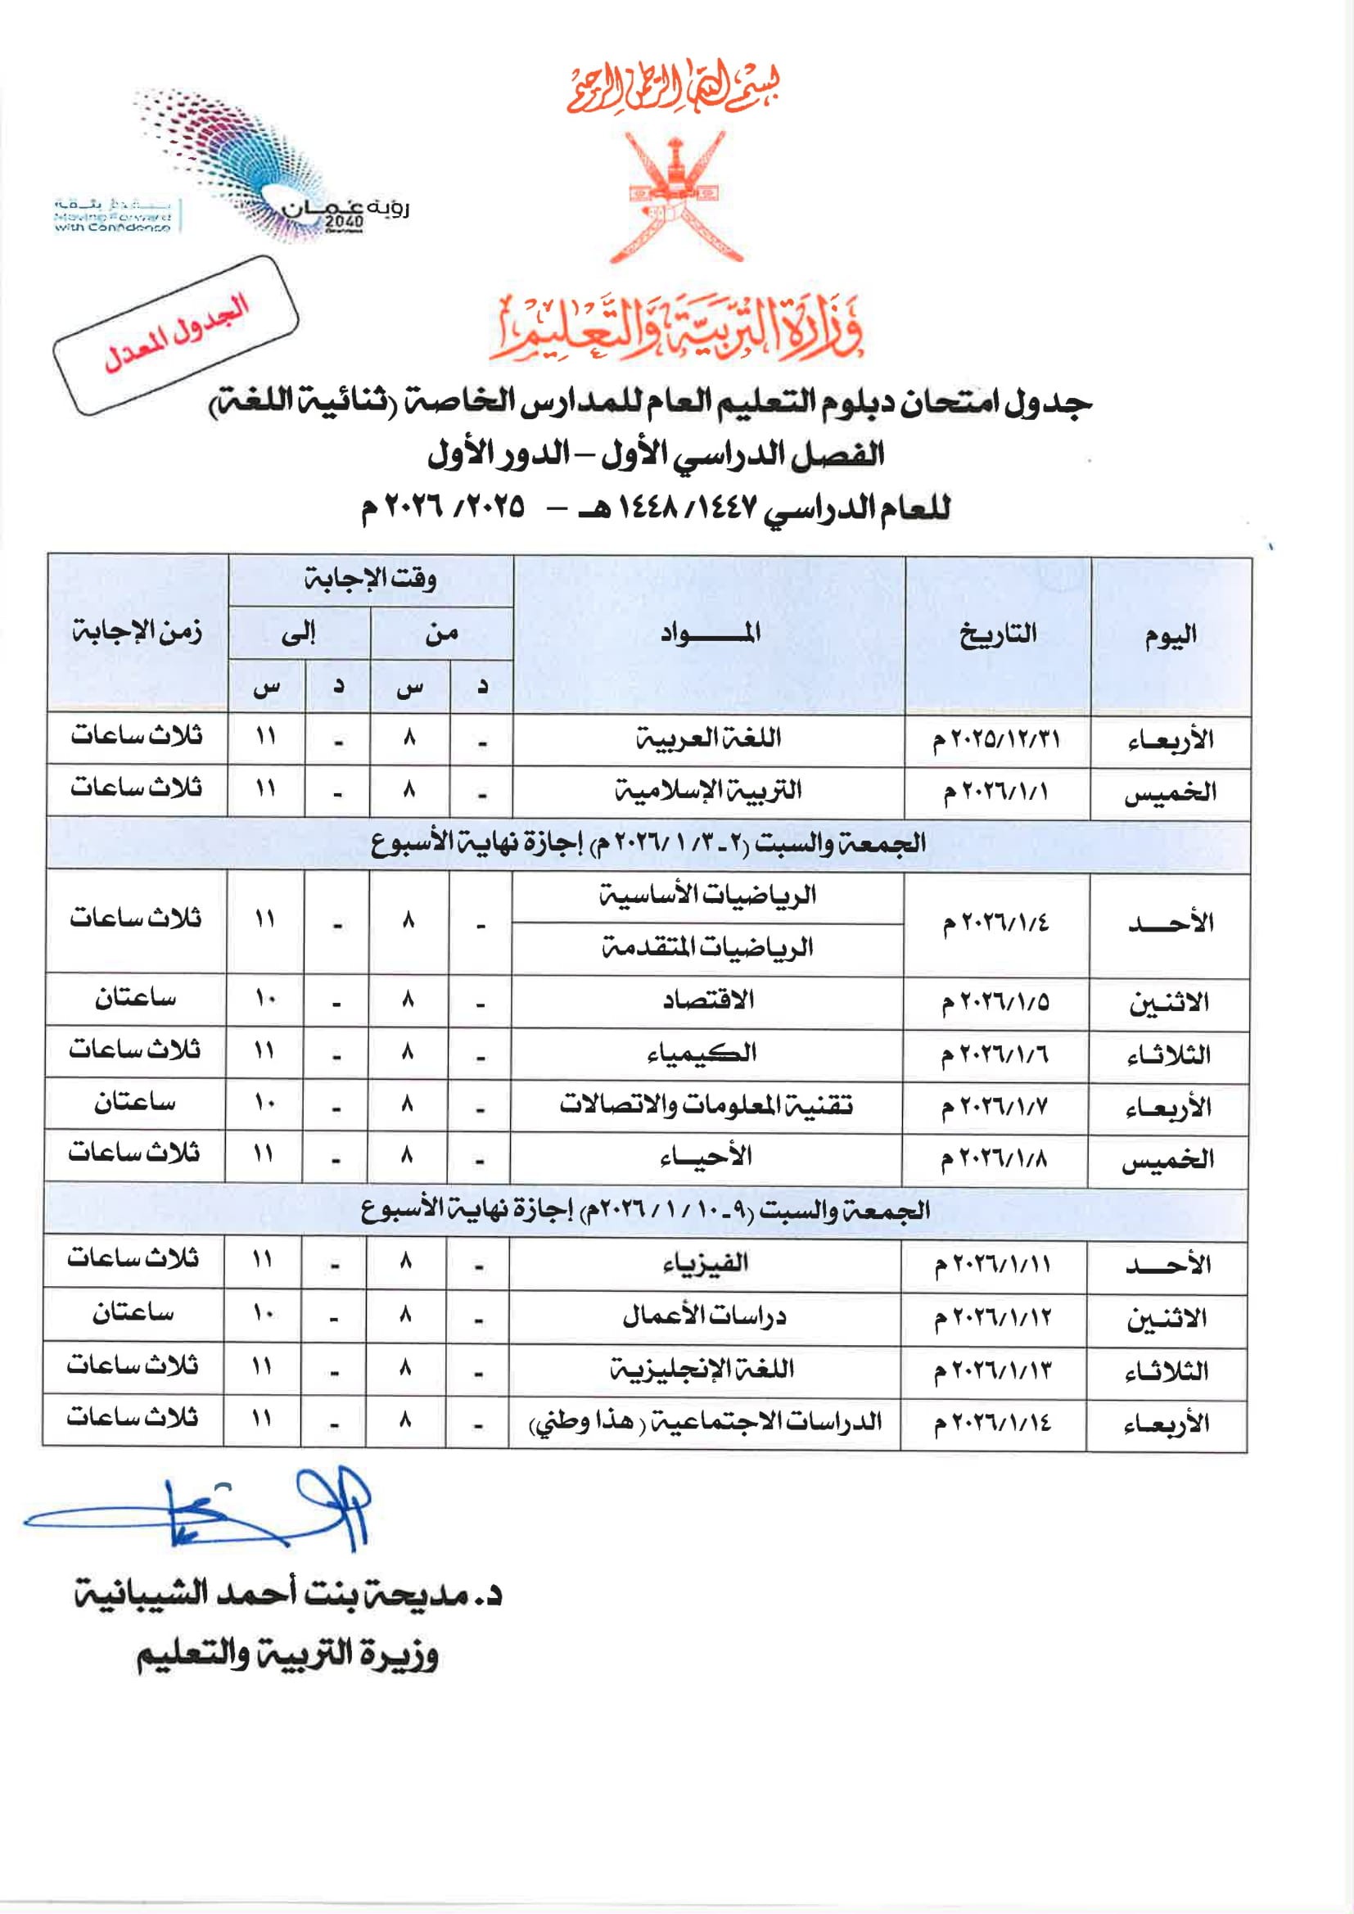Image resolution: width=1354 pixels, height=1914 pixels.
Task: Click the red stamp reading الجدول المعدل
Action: click(176, 335)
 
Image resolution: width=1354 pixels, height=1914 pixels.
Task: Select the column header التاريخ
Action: click(997, 634)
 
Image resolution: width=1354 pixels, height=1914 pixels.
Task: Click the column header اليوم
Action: click(1170, 636)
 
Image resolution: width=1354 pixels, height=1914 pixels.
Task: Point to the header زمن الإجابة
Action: click(137, 632)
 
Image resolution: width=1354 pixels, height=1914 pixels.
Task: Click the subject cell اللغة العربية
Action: click(708, 738)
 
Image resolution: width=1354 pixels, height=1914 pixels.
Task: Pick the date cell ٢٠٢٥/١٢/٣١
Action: click(996, 739)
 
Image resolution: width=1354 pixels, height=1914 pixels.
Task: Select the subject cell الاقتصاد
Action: click(708, 1000)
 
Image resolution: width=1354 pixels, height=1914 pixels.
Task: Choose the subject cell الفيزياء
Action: click(705, 1264)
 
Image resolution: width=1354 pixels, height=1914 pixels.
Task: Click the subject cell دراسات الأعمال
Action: click(704, 1316)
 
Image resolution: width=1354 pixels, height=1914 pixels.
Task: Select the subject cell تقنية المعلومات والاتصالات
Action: click(706, 1105)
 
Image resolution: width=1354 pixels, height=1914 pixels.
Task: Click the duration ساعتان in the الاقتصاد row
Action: click(135, 998)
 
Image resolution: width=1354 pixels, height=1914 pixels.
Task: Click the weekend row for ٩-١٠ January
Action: click(645, 1212)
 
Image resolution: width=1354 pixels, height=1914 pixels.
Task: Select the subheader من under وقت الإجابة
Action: click(441, 634)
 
